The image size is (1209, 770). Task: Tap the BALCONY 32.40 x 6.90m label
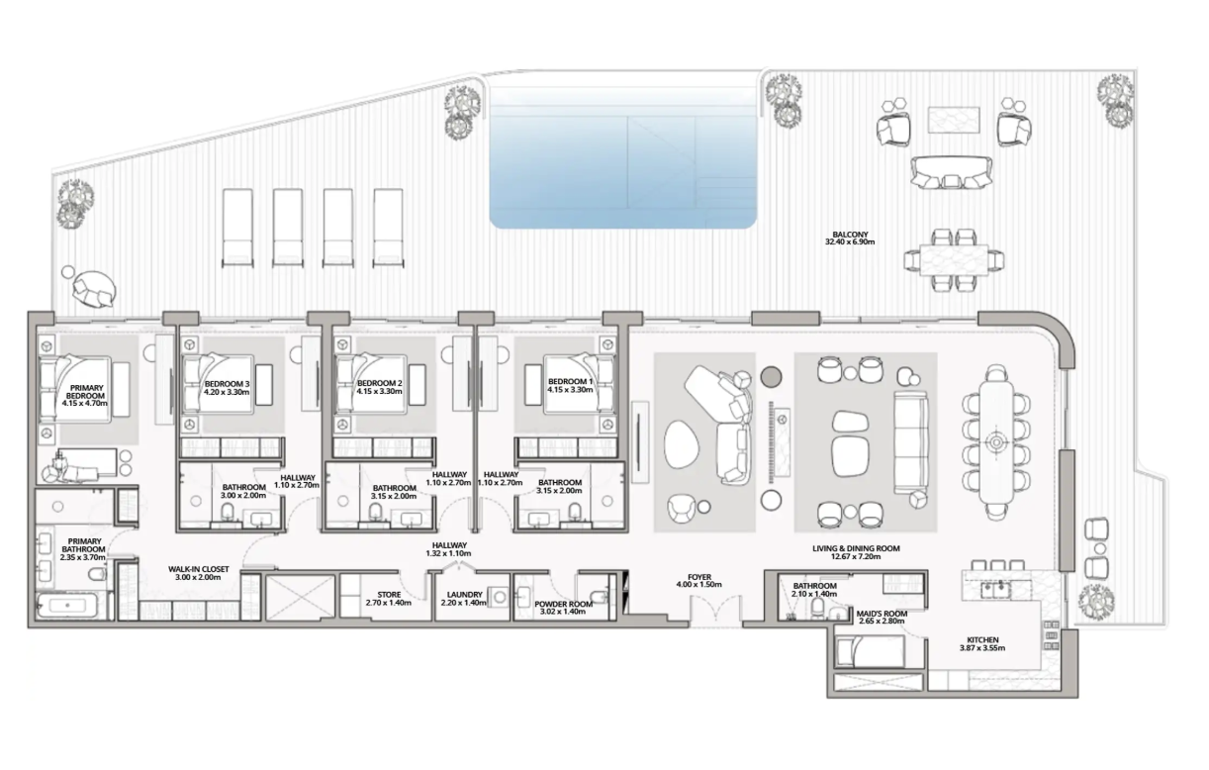(x=850, y=239)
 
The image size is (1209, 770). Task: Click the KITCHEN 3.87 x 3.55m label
(x=982, y=643)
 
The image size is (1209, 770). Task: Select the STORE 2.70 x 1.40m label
(x=389, y=599)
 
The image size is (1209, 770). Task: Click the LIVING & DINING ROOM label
(x=856, y=552)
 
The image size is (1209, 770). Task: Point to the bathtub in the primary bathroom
(x=68, y=606)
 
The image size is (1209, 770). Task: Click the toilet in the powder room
(x=598, y=596)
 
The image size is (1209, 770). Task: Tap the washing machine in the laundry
(x=499, y=597)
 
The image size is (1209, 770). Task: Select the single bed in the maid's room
(x=869, y=650)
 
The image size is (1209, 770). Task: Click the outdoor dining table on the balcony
(x=955, y=260)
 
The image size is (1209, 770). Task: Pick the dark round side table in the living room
(x=772, y=376)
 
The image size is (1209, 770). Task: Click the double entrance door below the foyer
(x=716, y=611)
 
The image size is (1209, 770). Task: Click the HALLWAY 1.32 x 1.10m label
(x=449, y=549)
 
